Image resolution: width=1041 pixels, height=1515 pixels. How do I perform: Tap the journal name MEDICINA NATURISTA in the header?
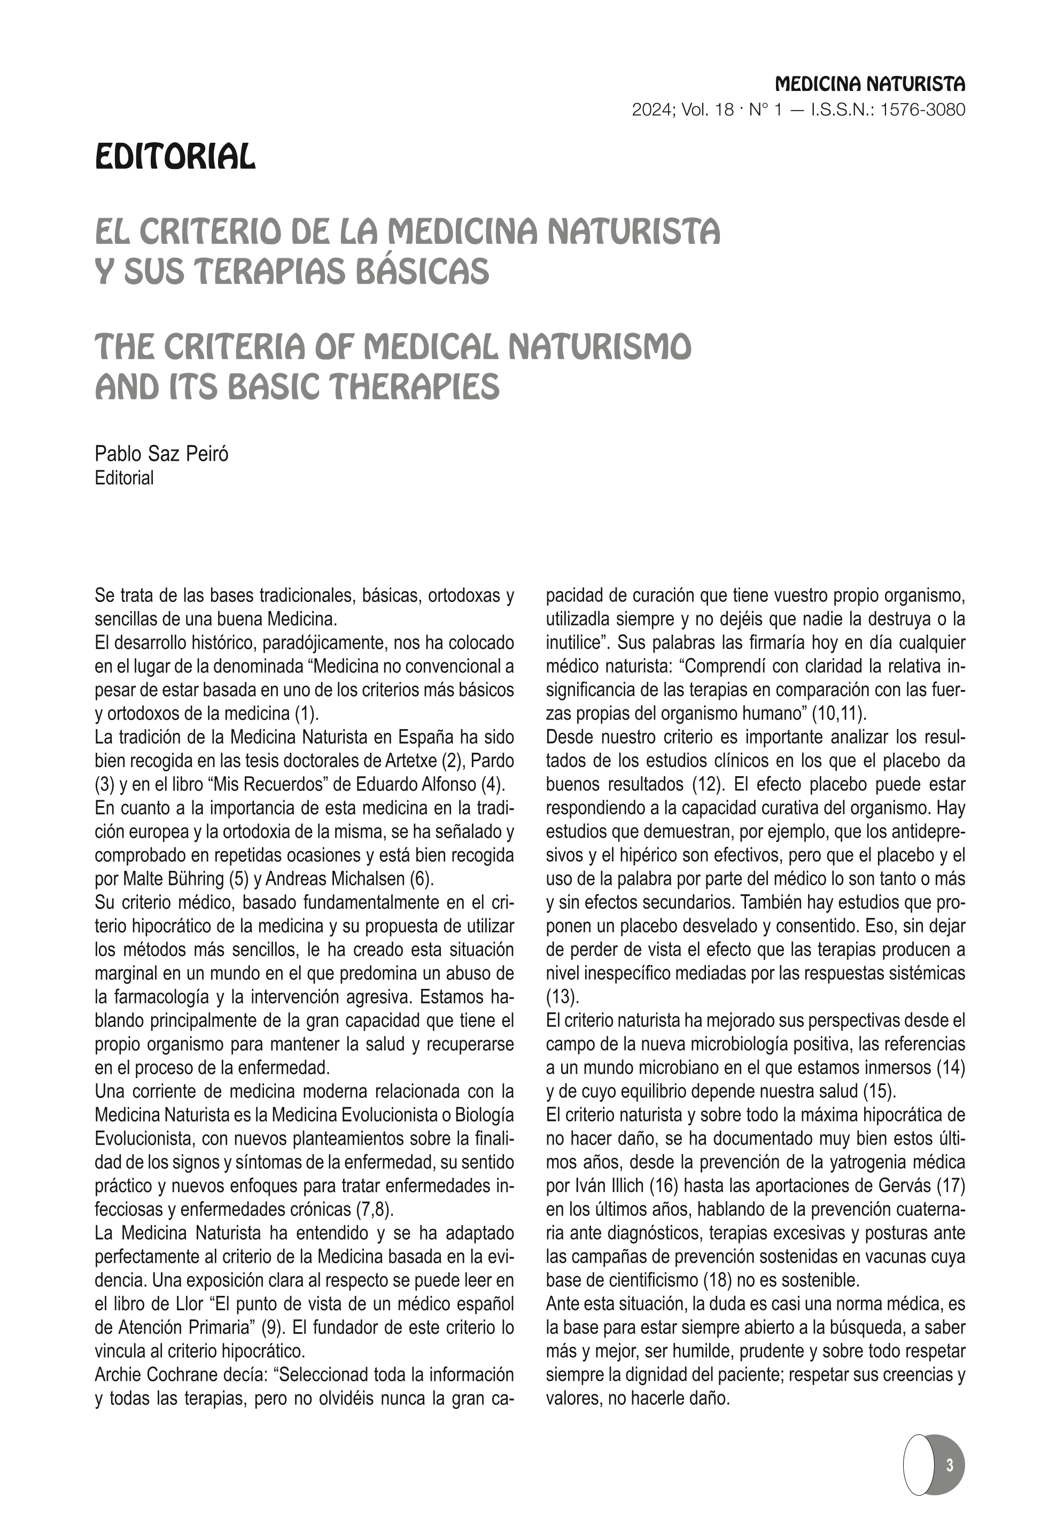click(870, 85)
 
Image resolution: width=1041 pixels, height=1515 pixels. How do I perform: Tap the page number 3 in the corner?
click(949, 1465)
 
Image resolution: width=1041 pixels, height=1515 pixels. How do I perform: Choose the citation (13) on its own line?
click(561, 996)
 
